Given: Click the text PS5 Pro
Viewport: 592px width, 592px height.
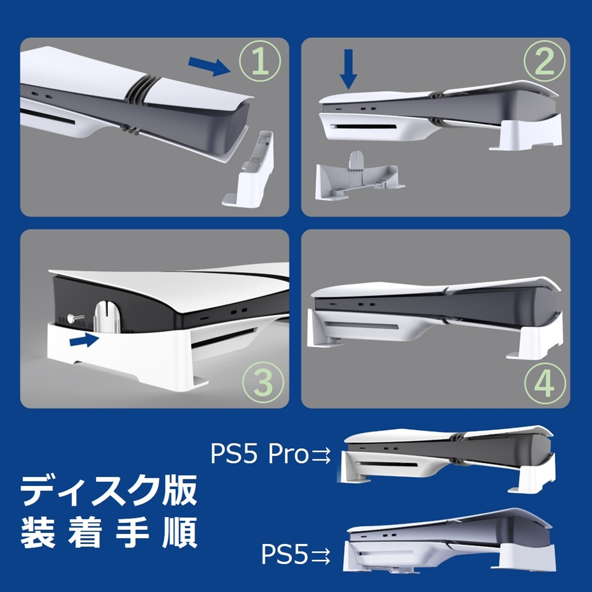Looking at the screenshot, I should coord(259,455).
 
